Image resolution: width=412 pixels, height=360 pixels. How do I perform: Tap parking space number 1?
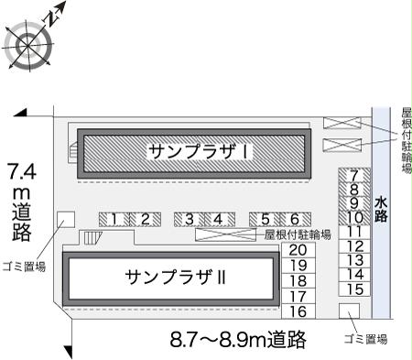114,219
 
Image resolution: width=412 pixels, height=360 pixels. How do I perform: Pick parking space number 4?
219,219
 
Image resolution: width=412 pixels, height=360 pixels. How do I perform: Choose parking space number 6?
295,219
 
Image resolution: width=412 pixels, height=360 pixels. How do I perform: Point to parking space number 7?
355,175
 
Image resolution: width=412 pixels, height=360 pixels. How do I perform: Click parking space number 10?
355,218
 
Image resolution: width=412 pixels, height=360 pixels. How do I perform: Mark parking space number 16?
298,311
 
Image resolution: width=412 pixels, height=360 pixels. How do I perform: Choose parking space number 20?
298,250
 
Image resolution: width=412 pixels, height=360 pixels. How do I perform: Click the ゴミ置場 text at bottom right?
365,339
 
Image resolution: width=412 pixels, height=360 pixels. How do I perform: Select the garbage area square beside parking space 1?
66,220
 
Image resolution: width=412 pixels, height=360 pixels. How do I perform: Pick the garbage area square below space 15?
348,311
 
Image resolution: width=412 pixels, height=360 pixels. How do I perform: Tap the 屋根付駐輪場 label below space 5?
295,235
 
